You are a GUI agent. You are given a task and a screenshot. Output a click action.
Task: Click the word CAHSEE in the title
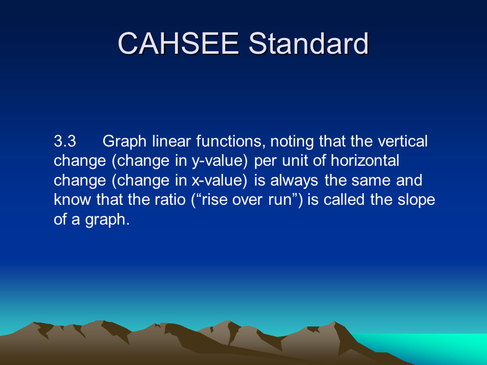coord(178,44)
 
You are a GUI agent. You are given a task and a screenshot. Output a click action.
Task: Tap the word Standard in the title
coord(309,44)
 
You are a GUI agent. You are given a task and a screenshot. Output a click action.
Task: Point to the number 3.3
coord(65,141)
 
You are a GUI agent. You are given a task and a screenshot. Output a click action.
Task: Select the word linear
coord(171,141)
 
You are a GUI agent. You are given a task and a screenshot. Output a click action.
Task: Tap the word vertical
coord(403,141)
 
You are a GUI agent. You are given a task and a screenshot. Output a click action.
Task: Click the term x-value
coord(220,180)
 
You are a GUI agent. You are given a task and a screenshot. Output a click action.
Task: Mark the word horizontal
coord(365,161)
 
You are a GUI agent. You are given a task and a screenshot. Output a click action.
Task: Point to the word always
coord(294,180)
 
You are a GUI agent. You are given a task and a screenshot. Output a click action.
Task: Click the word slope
coord(416,200)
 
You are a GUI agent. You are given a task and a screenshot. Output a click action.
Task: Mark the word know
coord(73,200)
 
